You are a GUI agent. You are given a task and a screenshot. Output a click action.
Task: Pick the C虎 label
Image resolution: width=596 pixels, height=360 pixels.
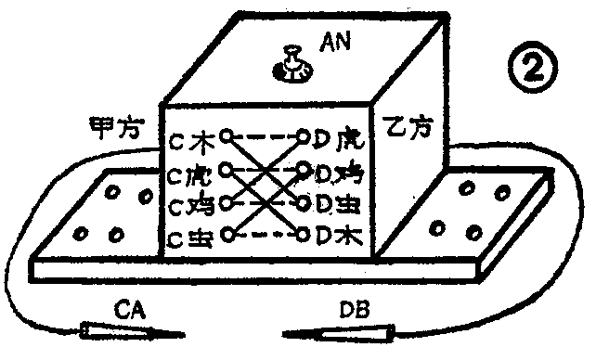click(x=193, y=174)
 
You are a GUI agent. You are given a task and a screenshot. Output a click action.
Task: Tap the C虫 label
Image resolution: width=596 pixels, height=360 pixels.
click(x=193, y=238)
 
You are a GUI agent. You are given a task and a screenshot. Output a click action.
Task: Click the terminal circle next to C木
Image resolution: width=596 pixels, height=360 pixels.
click(x=226, y=136)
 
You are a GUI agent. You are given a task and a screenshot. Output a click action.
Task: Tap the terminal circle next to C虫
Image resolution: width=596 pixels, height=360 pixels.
click(x=227, y=236)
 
